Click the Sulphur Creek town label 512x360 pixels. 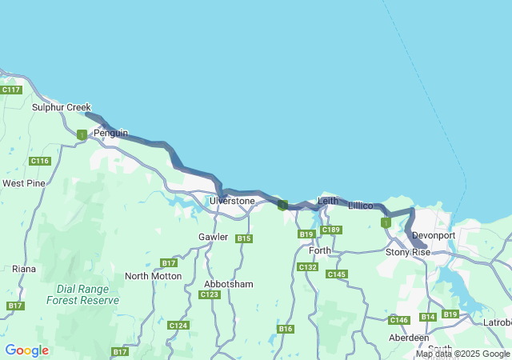tap(62, 107)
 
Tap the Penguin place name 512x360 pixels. tap(110, 133)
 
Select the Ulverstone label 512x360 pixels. tap(232, 201)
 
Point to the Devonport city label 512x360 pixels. tap(434, 236)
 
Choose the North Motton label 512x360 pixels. tap(153, 276)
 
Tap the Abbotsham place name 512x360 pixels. tap(229, 284)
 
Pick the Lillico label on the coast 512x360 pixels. tap(361, 206)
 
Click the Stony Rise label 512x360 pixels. tap(408, 252)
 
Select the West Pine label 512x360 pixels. tap(24, 183)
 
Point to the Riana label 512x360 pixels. tap(24, 269)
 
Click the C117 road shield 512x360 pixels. tap(10, 90)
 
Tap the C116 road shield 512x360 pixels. tap(40, 161)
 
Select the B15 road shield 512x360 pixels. tap(245, 238)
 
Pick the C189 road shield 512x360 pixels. tap(331, 230)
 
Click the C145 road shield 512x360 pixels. tap(337, 274)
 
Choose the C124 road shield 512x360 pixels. tap(178, 326)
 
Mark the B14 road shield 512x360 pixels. tap(428, 317)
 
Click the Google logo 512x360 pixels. tap(26, 350)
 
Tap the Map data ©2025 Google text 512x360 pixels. tap(462, 354)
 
